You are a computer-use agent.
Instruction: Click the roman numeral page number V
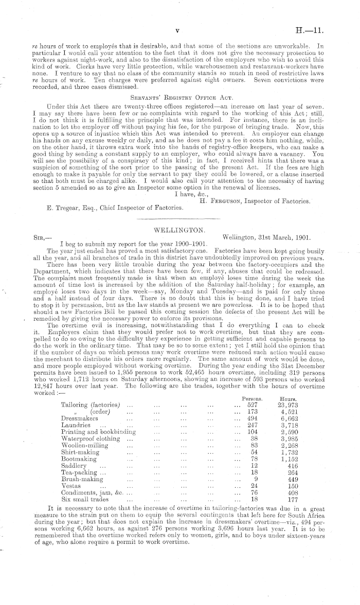[x=176, y=30]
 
